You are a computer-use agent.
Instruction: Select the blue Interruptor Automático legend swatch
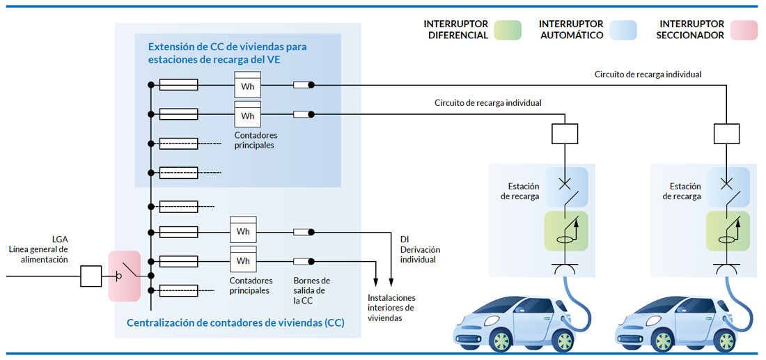[622, 30]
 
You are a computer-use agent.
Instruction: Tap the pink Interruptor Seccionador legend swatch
[743, 30]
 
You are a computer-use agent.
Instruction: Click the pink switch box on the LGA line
[125, 276]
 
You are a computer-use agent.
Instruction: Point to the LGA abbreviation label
[60, 238]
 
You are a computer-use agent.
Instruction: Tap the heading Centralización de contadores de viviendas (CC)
[235, 323]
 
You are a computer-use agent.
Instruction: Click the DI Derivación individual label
[420, 249]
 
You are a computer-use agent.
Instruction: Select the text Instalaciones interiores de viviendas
[391, 308]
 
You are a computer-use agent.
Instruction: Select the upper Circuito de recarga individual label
[648, 74]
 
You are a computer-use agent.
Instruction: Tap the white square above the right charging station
[727, 132]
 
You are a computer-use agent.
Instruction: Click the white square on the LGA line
[91, 276]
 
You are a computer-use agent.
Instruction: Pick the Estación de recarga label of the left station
[519, 191]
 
